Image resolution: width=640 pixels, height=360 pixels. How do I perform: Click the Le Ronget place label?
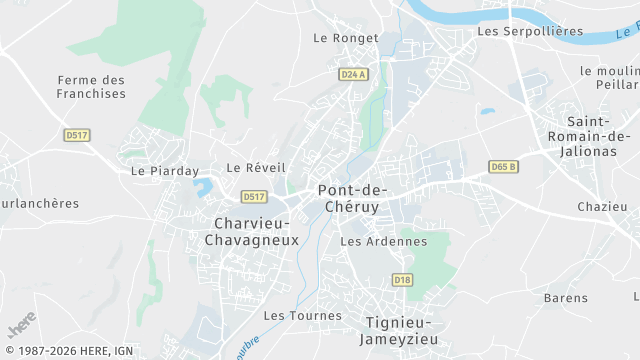pyautogui.click(x=345, y=38)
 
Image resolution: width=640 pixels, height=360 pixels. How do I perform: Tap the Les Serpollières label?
pyautogui.click(x=530, y=31)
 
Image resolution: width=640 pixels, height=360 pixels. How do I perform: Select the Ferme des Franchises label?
pyautogui.click(x=92, y=86)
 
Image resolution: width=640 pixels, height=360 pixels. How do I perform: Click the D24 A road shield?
pyautogui.click(x=353, y=74)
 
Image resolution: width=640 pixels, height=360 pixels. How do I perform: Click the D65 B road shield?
pyautogui.click(x=504, y=166)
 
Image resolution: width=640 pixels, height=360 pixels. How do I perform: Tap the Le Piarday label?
pyautogui.click(x=165, y=171)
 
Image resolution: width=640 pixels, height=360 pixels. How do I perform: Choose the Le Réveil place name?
pyautogui.click(x=256, y=168)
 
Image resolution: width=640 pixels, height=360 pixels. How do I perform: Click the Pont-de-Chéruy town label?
pyautogui.click(x=355, y=197)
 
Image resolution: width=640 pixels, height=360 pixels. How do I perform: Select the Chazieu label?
pyautogui.click(x=602, y=207)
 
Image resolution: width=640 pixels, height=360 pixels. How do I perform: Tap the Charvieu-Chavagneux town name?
pyautogui.click(x=251, y=231)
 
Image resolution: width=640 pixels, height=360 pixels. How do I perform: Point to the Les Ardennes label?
pyautogui.click(x=383, y=241)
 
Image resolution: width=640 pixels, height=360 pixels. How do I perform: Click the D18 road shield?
pyautogui.click(x=402, y=279)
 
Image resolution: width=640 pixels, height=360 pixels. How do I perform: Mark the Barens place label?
pyautogui.click(x=566, y=298)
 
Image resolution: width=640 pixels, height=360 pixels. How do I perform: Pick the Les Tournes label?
pyautogui.click(x=302, y=315)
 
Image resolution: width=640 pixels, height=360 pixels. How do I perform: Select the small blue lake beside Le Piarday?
pyautogui.click(x=203, y=186)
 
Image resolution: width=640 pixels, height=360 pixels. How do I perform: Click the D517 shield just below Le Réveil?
pyautogui.click(x=254, y=196)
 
